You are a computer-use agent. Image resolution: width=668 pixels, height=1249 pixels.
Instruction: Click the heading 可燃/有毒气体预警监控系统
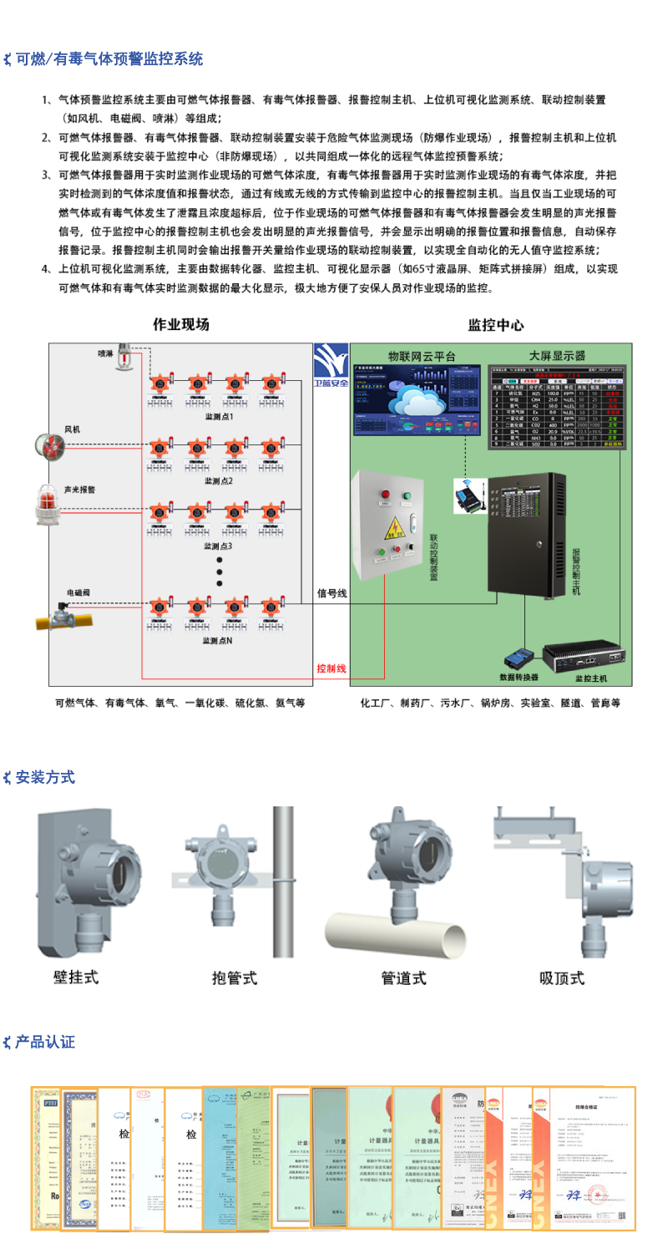(109, 59)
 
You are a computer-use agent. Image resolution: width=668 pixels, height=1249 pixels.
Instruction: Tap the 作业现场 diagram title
(180, 325)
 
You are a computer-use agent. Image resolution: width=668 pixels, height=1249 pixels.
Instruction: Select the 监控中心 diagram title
(496, 325)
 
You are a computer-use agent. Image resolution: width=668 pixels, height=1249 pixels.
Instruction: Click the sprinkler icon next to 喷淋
(123, 353)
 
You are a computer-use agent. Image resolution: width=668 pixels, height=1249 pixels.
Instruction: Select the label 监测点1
(219, 415)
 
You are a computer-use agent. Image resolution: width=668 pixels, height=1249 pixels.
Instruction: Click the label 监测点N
(218, 641)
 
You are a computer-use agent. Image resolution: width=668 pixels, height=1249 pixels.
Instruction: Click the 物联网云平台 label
(422, 356)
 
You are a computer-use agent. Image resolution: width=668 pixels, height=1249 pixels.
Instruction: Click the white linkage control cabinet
(391, 525)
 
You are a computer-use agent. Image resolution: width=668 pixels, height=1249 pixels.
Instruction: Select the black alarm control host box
(528, 535)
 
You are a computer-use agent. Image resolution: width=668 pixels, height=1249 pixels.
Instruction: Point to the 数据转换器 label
(519, 677)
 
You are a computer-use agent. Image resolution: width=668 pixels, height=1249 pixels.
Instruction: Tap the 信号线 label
(331, 593)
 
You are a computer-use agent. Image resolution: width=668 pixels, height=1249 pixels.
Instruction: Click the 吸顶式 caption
(561, 977)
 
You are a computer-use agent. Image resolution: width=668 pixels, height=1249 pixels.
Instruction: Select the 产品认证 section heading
(45, 1042)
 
